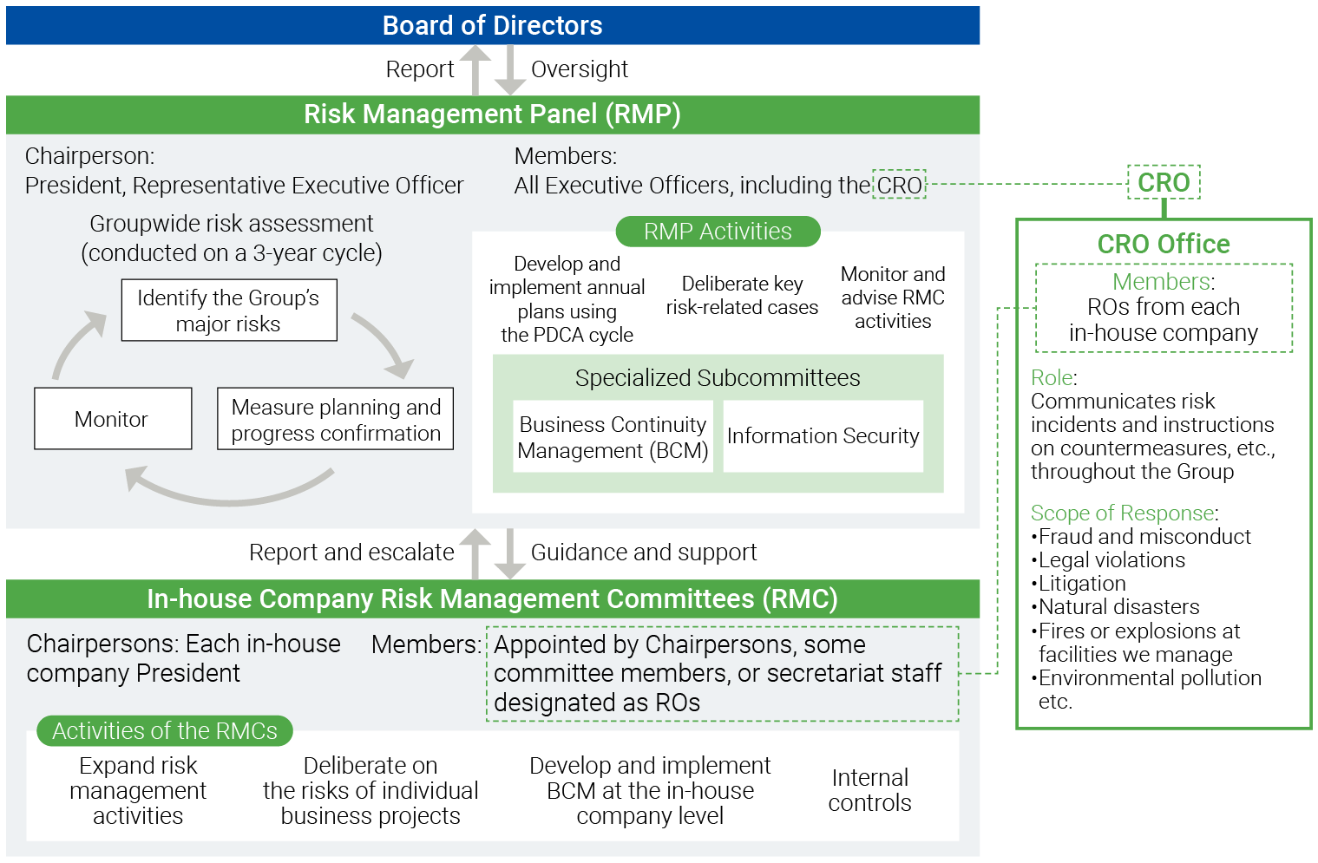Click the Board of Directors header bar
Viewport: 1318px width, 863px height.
492,25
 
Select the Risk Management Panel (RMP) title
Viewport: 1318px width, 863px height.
492,114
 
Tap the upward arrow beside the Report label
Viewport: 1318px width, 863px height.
475,69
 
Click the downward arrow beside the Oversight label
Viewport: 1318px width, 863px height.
510,70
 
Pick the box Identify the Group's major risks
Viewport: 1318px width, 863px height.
229,311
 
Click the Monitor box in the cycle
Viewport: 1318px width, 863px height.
113,419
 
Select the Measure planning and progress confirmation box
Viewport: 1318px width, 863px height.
336,419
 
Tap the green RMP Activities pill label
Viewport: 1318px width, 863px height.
718,232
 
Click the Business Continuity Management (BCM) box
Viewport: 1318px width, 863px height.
613,437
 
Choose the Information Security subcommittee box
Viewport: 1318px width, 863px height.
823,436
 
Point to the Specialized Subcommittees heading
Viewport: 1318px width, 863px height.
718,378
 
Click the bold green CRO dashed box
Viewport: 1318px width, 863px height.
1164,183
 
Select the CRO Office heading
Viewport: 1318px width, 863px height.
1164,245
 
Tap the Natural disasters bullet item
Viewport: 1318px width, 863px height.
1118,607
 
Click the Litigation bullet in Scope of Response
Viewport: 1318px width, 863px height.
1082,584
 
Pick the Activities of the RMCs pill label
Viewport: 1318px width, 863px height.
165,731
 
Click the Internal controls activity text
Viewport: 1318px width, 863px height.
869,790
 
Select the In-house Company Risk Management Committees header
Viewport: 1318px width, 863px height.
492,599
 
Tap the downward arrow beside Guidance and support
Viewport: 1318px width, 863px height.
510,553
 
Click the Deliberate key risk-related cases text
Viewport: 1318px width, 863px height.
742,296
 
